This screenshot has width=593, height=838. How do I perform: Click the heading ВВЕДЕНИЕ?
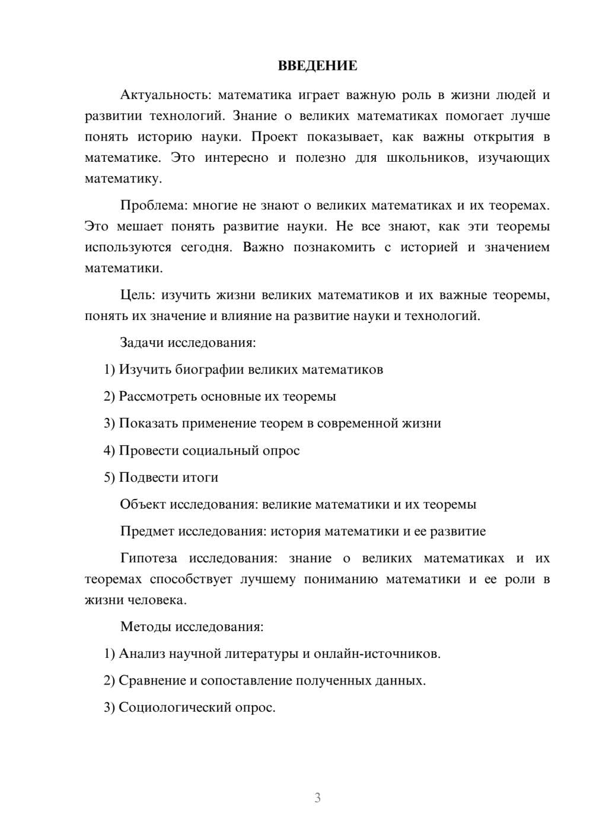point(317,66)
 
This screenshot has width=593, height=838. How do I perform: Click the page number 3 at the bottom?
point(317,798)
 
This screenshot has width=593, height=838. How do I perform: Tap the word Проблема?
point(152,206)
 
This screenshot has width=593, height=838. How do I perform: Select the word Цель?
point(137,295)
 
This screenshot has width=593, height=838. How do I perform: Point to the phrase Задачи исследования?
point(187,343)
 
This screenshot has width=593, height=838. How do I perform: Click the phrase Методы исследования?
point(192,626)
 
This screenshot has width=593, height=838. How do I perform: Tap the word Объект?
point(142,504)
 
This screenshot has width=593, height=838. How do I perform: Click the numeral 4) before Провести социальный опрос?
point(109,450)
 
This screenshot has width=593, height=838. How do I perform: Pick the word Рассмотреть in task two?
point(158,396)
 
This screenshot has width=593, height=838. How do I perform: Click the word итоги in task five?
point(200,477)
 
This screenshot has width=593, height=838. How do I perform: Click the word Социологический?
point(175,708)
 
